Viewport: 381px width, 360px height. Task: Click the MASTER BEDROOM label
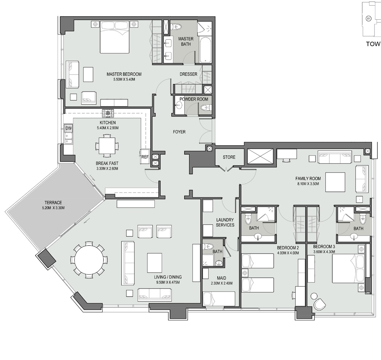coord(124,74)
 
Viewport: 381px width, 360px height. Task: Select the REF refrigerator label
coord(145,156)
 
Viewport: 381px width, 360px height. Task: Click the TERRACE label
coord(53,203)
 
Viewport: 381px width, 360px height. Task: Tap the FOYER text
coord(179,132)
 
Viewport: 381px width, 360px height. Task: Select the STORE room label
coord(229,157)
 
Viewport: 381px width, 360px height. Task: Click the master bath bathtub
coord(204,50)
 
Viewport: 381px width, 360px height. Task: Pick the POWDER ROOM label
coord(194,99)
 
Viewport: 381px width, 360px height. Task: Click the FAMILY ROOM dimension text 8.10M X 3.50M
coord(308,184)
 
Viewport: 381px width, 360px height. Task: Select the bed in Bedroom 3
coord(348,268)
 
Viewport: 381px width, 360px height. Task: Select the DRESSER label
coord(188,74)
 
